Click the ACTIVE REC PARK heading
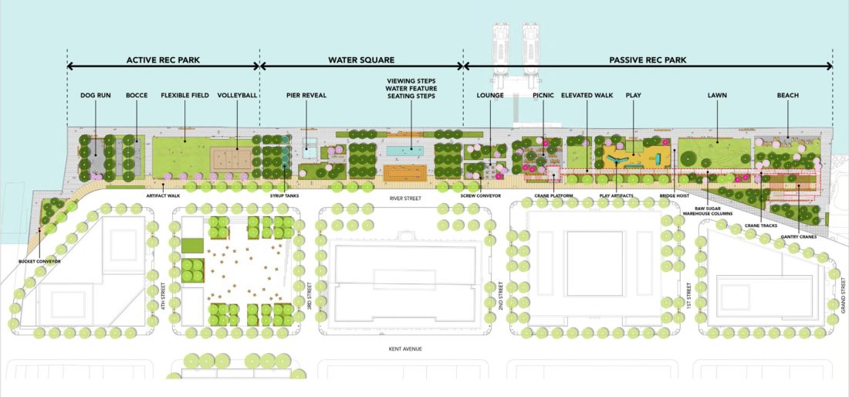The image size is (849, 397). [x=163, y=59]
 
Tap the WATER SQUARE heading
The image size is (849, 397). [x=360, y=59]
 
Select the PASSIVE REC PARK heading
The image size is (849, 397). [x=647, y=59]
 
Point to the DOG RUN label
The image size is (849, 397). [x=96, y=96]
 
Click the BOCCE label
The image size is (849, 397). [x=137, y=96]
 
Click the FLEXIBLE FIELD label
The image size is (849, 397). [x=185, y=96]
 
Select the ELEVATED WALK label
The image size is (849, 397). [x=587, y=96]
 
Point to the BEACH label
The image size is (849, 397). [x=788, y=96]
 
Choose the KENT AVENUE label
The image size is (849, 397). [x=410, y=349]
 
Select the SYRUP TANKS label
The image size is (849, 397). [x=285, y=195]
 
